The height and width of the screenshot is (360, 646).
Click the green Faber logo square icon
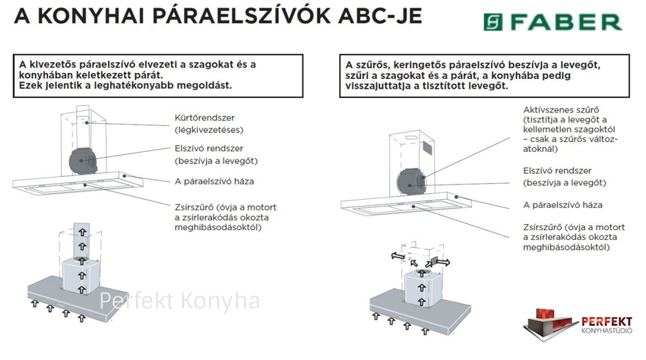492,22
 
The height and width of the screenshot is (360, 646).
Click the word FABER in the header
566,22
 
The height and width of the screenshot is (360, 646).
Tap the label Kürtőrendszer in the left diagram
204,118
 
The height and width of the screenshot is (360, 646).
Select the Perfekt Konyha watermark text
179,301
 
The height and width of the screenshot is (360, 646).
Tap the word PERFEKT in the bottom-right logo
606,322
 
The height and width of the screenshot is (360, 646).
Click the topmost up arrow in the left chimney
82,232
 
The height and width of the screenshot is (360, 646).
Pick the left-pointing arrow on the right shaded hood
398,256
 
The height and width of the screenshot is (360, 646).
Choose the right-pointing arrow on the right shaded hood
443,261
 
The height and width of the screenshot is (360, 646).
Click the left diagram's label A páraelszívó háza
214,182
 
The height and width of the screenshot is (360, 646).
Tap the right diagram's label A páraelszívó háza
562,205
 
